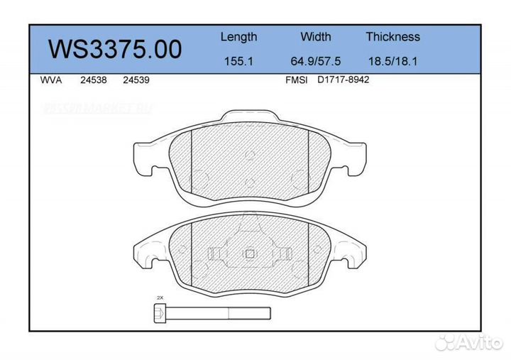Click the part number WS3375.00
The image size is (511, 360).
coord(114,49)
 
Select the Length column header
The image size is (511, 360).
coord(238,37)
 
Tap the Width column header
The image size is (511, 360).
coord(315,37)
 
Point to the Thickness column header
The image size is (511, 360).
coord(392,37)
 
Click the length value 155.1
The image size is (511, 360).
coord(238,61)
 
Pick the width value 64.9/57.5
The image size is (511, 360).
coord(315,61)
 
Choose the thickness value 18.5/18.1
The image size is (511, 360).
coord(392,61)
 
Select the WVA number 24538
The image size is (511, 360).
coord(94,80)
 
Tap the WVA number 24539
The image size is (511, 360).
coord(136,80)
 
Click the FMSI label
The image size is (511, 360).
coord(295,80)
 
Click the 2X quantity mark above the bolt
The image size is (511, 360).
coord(160,298)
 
